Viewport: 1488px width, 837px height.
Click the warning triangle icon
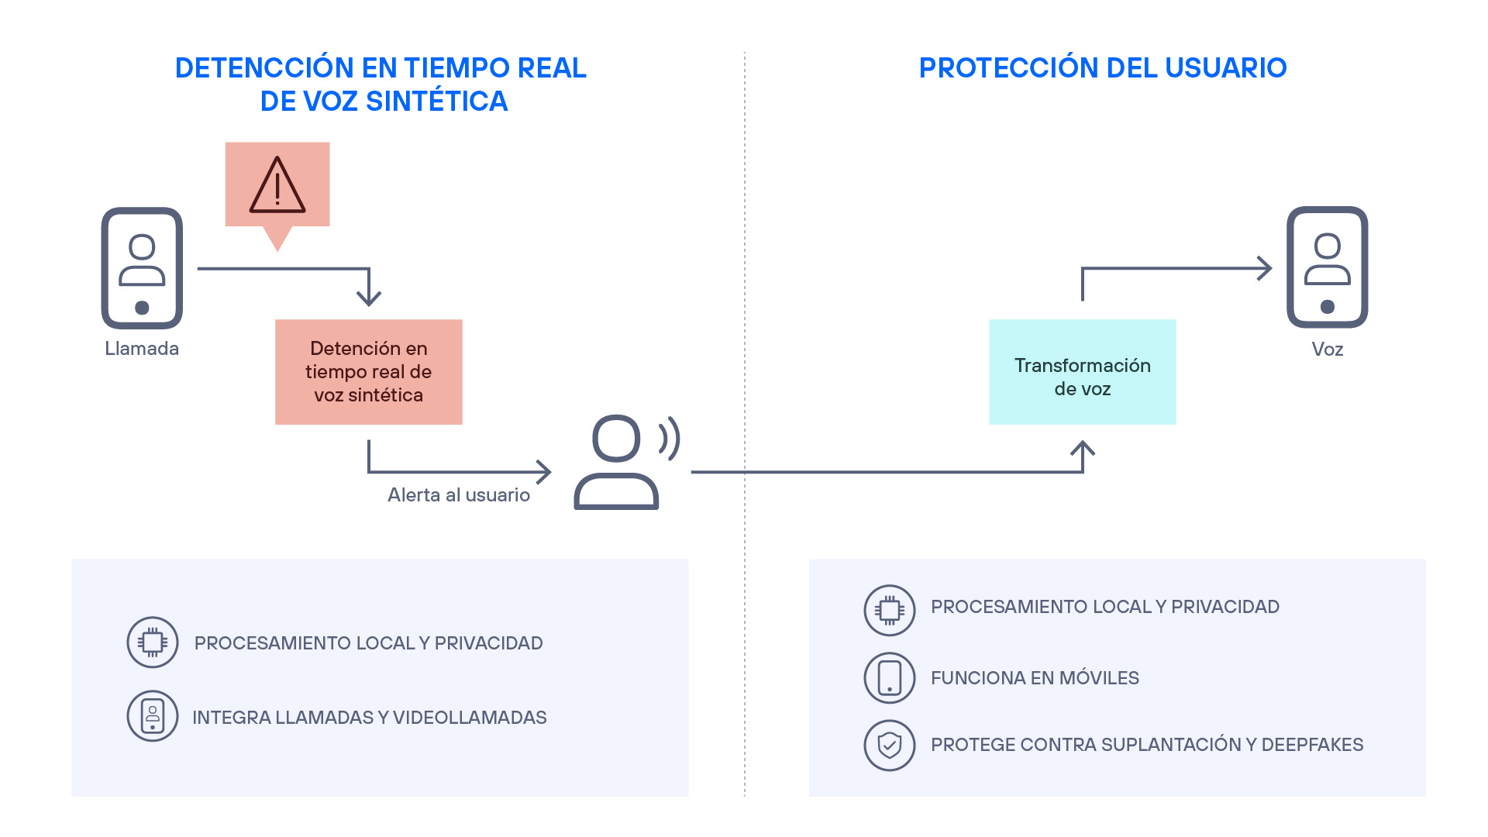[x=277, y=186]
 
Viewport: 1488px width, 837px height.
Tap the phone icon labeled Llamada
[x=142, y=268]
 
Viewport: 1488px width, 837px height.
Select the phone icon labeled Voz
[x=1327, y=267]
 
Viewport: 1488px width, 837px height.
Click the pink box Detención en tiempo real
[x=369, y=372]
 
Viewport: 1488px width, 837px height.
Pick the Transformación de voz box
[x=1082, y=372]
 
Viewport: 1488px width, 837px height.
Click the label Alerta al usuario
[x=459, y=495]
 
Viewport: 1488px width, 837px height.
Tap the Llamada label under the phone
[x=142, y=349]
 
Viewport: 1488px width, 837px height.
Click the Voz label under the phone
[x=1327, y=350]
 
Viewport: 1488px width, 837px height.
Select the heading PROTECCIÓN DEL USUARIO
[x=1102, y=68]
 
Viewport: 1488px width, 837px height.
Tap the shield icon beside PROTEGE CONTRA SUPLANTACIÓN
[x=890, y=746]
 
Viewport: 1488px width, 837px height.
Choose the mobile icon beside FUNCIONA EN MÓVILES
[x=890, y=678]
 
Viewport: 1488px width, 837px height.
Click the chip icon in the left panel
[x=153, y=642]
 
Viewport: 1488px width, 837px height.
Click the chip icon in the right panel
[x=890, y=611]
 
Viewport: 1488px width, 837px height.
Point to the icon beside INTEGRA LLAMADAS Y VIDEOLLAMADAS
[x=153, y=716]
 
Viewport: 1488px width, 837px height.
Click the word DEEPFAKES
[x=1312, y=745]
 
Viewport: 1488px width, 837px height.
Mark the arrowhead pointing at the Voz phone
[x=1266, y=269]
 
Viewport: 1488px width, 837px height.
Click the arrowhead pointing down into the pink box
[x=369, y=298]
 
